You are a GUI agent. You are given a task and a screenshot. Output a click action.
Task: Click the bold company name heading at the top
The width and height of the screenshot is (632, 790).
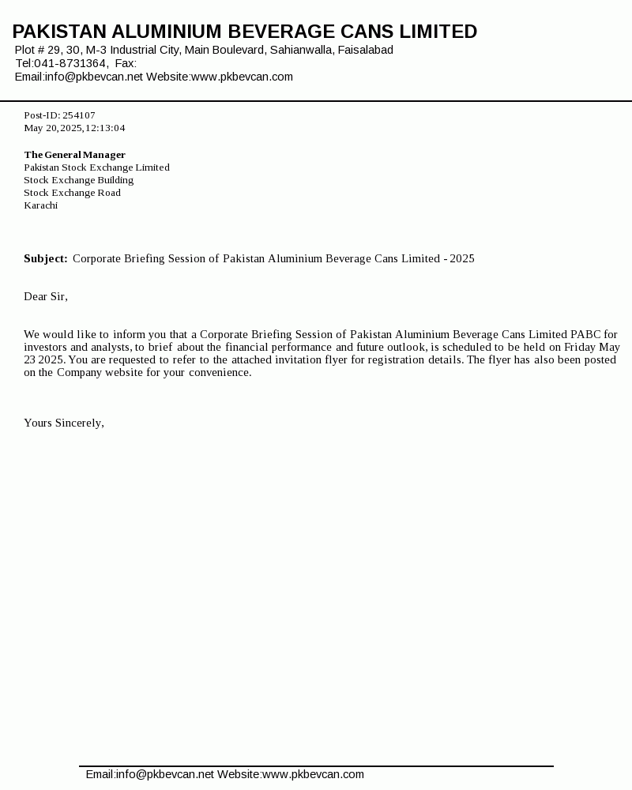(245, 32)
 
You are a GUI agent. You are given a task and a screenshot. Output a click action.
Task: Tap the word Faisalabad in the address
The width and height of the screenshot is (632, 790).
(366, 50)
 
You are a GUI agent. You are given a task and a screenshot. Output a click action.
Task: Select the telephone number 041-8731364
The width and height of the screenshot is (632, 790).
(70, 63)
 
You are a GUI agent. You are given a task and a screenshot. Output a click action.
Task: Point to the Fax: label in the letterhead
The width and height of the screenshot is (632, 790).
(126, 63)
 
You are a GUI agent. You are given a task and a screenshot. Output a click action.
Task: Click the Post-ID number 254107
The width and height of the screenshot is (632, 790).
(79, 115)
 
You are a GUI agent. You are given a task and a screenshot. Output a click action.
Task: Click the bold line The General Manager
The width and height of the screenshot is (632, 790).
(75, 155)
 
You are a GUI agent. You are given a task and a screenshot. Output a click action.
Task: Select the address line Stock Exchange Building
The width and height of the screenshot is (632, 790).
(79, 180)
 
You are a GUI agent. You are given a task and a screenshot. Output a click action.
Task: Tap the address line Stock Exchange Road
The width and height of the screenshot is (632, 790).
(73, 193)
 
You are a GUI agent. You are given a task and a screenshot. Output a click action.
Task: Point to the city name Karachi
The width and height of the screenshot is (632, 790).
(41, 205)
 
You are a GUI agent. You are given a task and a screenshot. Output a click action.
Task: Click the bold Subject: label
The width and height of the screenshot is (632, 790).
(46, 258)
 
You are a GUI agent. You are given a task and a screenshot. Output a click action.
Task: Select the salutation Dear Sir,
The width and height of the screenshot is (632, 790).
(46, 296)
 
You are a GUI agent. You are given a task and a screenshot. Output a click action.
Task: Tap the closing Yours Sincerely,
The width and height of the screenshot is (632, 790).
(64, 423)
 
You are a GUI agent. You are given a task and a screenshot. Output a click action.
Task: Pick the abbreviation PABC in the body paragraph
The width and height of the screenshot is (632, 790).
(587, 334)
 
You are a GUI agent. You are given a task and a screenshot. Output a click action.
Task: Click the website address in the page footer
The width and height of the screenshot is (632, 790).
(313, 774)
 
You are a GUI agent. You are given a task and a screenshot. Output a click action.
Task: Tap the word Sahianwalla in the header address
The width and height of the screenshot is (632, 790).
(300, 50)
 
